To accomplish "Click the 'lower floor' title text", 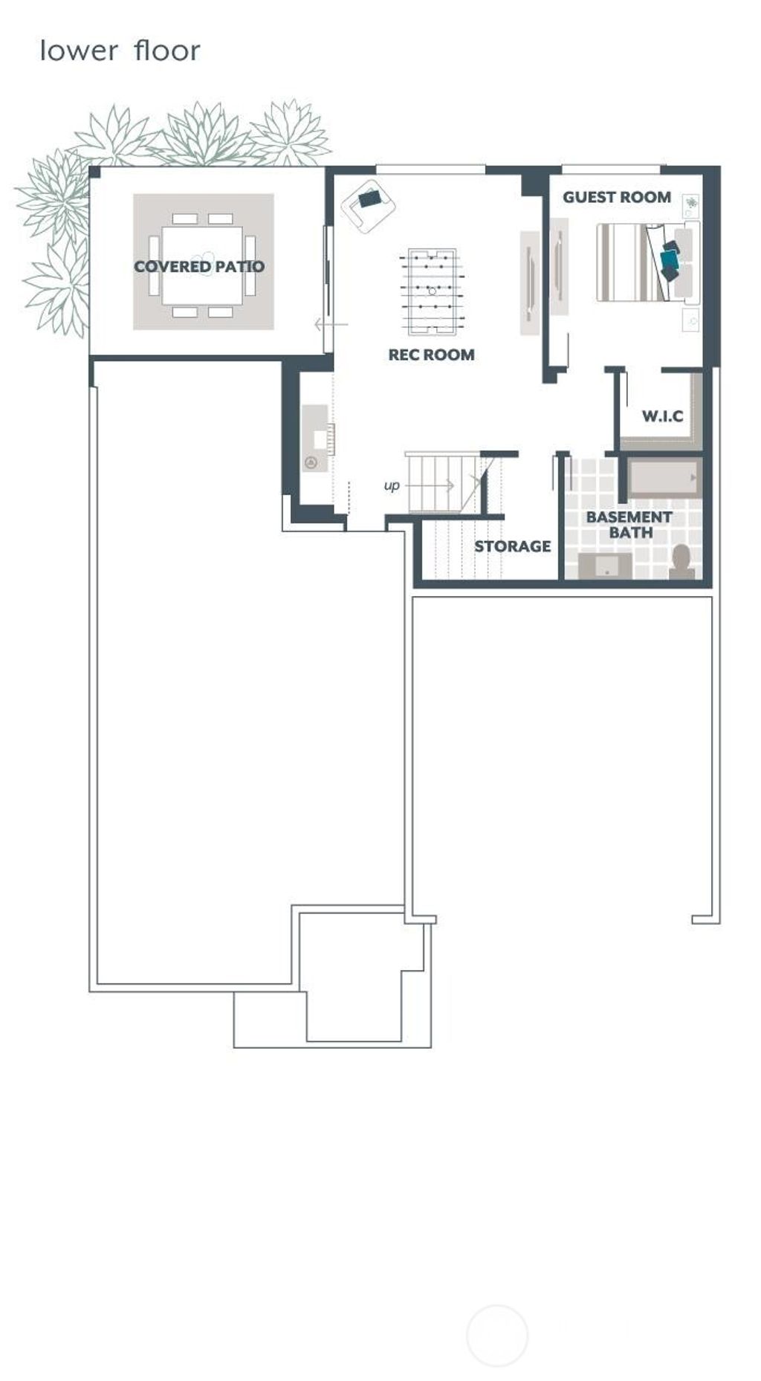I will [120, 51].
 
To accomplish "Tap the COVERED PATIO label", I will [198, 266].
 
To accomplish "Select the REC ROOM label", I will [431, 355].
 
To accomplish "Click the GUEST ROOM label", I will [616, 197].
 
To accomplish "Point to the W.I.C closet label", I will [662, 416].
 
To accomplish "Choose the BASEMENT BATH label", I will [629, 525].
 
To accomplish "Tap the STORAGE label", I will [512, 546].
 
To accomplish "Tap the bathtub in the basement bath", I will [663, 479].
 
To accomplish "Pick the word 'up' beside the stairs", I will [392, 485].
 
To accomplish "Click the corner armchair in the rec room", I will [368, 204].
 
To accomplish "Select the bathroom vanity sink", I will [606, 566].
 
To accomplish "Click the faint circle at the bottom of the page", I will [497, 1335].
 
